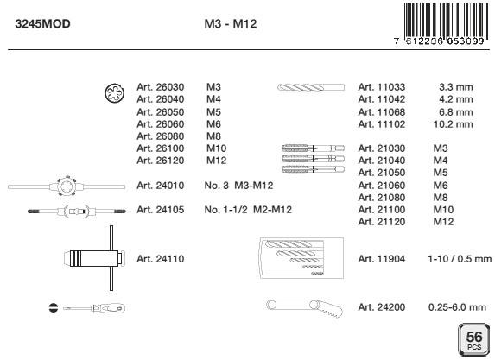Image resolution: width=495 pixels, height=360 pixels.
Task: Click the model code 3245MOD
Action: (x=42, y=24)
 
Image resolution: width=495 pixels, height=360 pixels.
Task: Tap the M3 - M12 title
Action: (x=231, y=24)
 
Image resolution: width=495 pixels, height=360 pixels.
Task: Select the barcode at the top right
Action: (x=443, y=24)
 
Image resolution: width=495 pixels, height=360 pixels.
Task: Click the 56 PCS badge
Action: (x=474, y=339)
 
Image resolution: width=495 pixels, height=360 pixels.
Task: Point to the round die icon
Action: (x=114, y=93)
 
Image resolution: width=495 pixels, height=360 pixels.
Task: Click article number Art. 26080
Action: (x=160, y=136)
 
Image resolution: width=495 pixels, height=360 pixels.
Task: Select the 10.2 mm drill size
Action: (x=453, y=124)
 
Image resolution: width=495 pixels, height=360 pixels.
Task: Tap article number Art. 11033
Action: (x=381, y=87)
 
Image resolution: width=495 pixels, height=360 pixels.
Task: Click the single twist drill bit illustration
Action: (x=311, y=87)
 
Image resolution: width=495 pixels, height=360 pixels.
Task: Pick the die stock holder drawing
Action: (x=67, y=186)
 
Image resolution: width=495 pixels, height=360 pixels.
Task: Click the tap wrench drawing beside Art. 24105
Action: (x=77, y=211)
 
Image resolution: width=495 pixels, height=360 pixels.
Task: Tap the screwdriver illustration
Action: (x=94, y=308)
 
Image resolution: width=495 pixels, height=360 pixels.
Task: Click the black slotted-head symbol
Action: (x=54, y=307)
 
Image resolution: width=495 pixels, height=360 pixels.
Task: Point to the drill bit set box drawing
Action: (x=301, y=258)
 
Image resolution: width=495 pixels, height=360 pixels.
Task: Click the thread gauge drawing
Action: (x=305, y=307)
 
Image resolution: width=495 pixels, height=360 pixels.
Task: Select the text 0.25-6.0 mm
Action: (x=457, y=307)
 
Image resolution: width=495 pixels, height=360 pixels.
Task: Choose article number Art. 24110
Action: (x=160, y=259)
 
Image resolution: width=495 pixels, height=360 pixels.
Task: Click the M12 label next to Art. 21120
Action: (x=443, y=222)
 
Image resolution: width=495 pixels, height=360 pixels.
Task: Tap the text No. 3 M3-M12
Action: (x=238, y=186)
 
